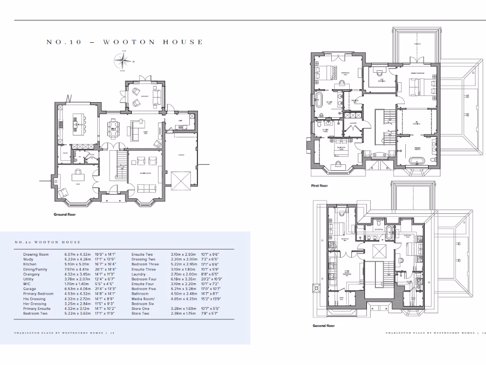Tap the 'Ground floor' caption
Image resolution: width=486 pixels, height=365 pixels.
point(65,214)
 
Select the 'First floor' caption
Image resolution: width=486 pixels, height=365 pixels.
point(319,186)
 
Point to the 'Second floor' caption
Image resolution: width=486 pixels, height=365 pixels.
point(323,326)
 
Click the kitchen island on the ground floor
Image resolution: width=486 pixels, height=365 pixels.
point(76,125)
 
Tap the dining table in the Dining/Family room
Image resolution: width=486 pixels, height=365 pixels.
point(113,126)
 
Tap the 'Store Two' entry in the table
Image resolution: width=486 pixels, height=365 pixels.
point(140,313)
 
